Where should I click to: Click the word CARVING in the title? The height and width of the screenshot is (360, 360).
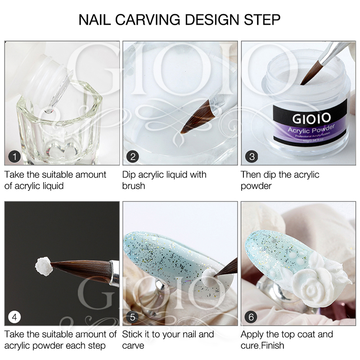(x=148, y=20)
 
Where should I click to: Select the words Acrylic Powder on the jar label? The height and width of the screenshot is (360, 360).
(x=310, y=130)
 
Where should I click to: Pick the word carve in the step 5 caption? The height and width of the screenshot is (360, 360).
(x=133, y=346)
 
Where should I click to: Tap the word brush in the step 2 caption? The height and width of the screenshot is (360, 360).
(x=133, y=185)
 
